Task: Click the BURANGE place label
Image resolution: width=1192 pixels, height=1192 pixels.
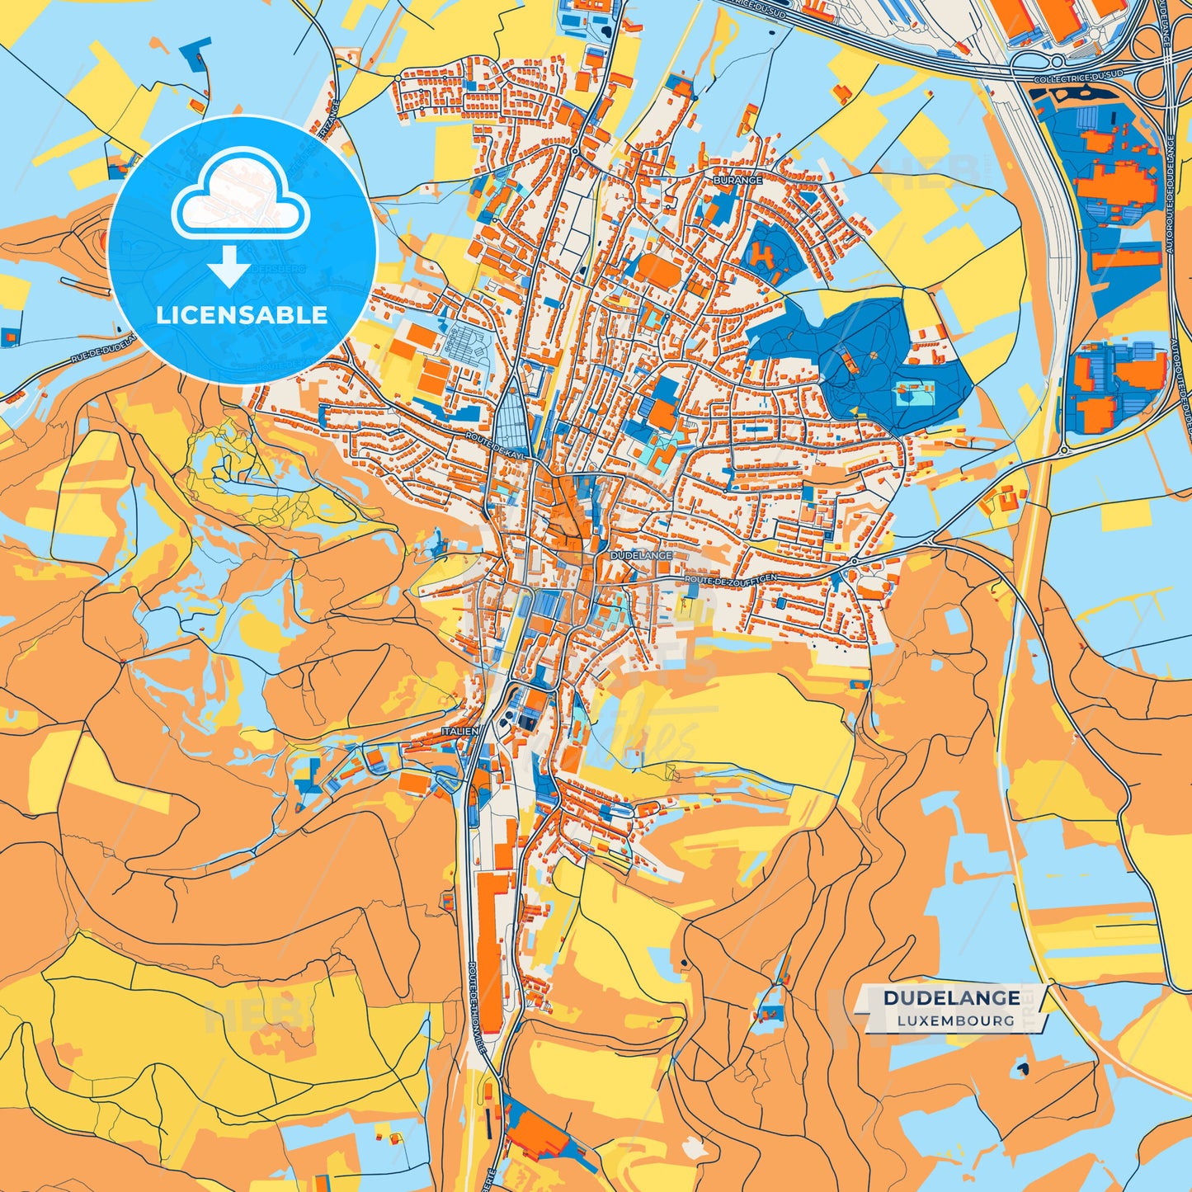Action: tap(737, 179)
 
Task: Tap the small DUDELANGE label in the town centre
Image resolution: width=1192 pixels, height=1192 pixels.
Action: tap(641, 556)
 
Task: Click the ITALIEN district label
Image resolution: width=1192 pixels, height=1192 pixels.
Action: tap(459, 732)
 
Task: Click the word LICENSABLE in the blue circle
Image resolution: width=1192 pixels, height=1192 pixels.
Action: tap(242, 315)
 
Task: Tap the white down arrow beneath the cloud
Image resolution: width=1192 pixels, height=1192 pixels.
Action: tap(229, 266)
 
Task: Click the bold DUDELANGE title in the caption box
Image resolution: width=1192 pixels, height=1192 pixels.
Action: tap(951, 998)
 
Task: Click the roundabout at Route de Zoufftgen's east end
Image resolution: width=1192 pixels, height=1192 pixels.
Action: tap(854, 562)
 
